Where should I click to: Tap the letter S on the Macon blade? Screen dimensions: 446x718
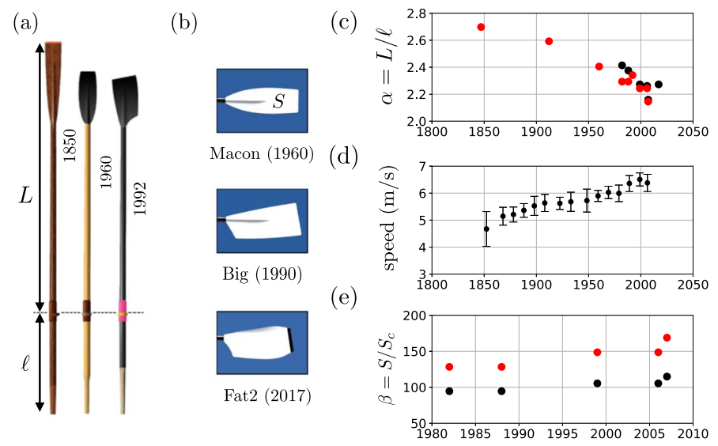(278, 101)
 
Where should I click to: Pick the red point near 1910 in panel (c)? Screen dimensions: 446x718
(549, 41)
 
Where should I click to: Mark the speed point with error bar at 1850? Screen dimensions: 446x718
(486, 229)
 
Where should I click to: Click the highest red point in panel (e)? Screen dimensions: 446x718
(667, 338)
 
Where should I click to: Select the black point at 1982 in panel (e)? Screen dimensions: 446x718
(449, 391)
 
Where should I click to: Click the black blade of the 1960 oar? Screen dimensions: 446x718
(87, 96)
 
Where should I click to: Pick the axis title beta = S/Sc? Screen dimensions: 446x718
(392, 369)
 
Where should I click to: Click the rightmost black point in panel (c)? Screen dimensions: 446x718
(658, 84)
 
